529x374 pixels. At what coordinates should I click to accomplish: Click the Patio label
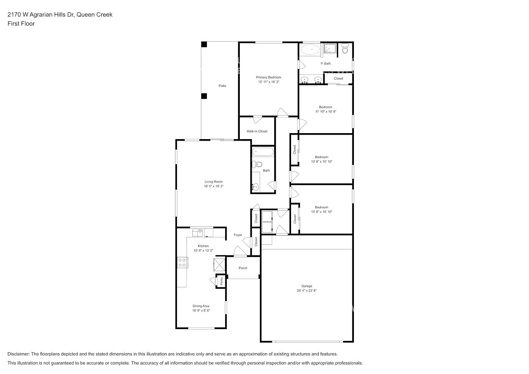pyautogui.click(x=222, y=86)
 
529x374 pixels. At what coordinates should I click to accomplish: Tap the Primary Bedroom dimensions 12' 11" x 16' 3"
pyautogui.click(x=269, y=82)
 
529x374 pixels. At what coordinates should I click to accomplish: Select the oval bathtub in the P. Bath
pyautogui.click(x=310, y=50)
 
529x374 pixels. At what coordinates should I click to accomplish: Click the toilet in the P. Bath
pyautogui.click(x=345, y=48)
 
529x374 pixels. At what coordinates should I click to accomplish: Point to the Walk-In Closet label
pyautogui.click(x=257, y=131)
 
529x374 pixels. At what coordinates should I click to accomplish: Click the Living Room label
pyautogui.click(x=214, y=181)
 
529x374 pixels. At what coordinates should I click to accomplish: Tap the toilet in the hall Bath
pyautogui.click(x=257, y=164)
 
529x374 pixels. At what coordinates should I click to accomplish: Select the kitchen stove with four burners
pyautogui.click(x=183, y=262)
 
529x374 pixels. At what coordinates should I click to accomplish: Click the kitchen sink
pyautogui.click(x=198, y=233)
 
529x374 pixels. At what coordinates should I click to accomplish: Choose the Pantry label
pyautogui.click(x=221, y=281)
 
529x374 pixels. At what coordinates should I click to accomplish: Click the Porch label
pyautogui.click(x=243, y=268)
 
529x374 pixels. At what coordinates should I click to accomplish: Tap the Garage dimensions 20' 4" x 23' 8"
pyautogui.click(x=307, y=291)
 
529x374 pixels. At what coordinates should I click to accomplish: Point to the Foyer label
pyautogui.click(x=238, y=235)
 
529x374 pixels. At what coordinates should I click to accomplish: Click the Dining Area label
pyautogui.click(x=201, y=306)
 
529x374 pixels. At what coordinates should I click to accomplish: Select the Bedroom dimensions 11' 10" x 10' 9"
pyautogui.click(x=325, y=111)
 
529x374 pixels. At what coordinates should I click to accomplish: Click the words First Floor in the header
pyautogui.click(x=21, y=24)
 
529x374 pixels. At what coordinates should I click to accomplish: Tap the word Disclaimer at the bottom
pyautogui.click(x=18, y=354)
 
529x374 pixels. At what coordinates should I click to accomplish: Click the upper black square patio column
pyautogui.click(x=204, y=45)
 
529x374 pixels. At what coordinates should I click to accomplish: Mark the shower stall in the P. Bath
pyautogui.click(x=330, y=50)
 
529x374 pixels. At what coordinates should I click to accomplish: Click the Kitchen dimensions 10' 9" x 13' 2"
pyautogui.click(x=204, y=251)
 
